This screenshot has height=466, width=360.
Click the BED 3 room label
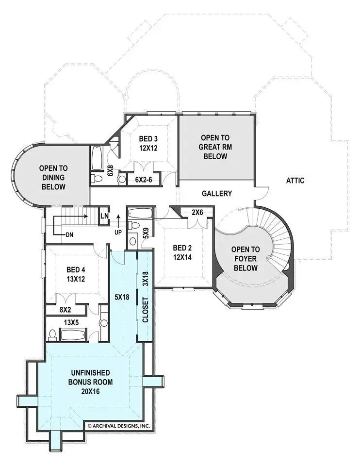[x=148, y=139]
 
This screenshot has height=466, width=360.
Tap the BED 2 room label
[x=182, y=248]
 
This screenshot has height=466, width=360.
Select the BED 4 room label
[x=76, y=270]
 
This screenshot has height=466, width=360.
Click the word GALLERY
[x=217, y=194]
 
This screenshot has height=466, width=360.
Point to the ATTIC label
[x=295, y=181]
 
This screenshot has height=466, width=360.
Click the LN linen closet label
[x=104, y=216]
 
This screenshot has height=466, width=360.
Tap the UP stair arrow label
[x=118, y=233]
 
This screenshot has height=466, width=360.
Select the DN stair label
[x=69, y=235]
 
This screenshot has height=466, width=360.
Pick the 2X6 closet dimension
[x=197, y=213]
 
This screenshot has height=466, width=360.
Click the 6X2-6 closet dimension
[x=144, y=180]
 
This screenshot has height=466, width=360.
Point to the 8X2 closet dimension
[x=65, y=310]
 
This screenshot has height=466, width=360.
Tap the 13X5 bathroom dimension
[x=71, y=322]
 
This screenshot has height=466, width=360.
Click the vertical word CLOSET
[x=145, y=310]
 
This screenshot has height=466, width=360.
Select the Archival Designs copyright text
[x=119, y=426]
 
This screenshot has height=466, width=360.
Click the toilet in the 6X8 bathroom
[x=96, y=178]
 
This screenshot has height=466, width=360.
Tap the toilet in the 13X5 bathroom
[x=52, y=334]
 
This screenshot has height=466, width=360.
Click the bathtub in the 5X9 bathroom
[x=141, y=214]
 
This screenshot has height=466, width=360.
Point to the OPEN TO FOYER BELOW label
[x=245, y=259]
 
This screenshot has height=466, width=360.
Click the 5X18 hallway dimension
[x=122, y=297]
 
